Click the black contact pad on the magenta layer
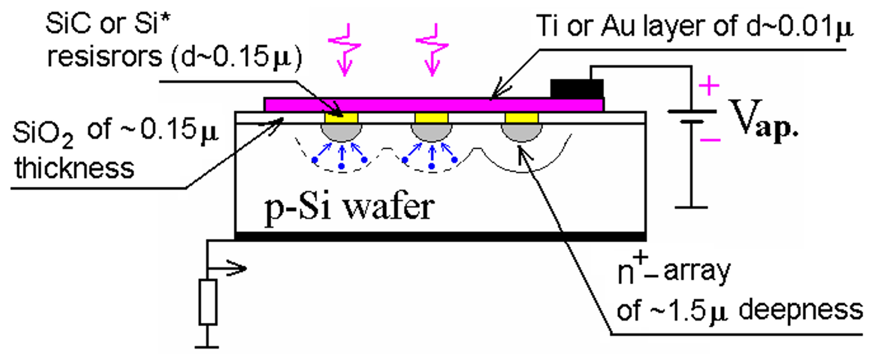pos(576,88)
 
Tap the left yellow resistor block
pos(341,118)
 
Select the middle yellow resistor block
pos(431,118)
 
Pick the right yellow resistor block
pos(521,118)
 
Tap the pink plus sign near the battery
pos(709,86)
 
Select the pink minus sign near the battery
pos(710,140)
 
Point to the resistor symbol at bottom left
pos(208,302)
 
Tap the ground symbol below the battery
pos(691,207)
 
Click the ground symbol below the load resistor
pos(207,346)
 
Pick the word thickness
pos(74,168)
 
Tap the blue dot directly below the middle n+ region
pos(431,166)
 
